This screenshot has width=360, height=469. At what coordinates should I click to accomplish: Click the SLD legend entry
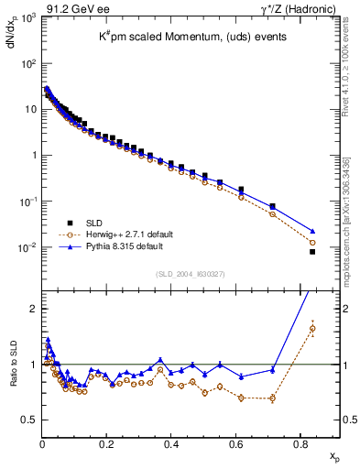click(x=93, y=223)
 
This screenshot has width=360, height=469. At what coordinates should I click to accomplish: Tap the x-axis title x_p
click(x=334, y=455)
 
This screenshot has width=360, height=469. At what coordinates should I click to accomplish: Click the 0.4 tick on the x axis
click(x=171, y=444)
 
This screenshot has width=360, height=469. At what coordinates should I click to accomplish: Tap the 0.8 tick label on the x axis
click(x=300, y=444)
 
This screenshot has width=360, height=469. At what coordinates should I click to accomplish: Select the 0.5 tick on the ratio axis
click(x=29, y=420)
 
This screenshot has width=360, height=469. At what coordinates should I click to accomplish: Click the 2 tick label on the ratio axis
click(x=33, y=309)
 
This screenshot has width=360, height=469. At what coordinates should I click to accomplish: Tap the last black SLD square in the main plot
click(x=312, y=252)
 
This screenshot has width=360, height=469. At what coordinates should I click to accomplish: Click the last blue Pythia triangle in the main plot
click(x=312, y=231)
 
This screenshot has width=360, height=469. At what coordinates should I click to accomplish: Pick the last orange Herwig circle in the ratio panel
click(x=312, y=328)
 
